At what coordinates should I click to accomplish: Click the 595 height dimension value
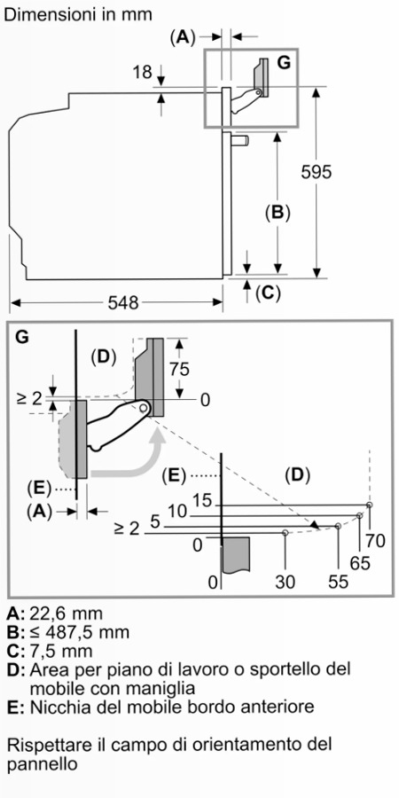pos(316,173)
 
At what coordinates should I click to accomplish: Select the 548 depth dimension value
pos(123,303)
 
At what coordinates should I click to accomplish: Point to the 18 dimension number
pos(143,73)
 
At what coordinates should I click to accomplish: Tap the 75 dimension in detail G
pos(179,370)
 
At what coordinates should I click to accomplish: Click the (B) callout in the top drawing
pos(278,212)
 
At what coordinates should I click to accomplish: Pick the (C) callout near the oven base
pos(268,293)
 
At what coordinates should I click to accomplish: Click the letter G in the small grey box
pos(284,63)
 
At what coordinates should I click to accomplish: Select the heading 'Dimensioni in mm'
pos(78,15)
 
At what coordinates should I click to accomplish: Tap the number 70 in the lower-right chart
pos(376,541)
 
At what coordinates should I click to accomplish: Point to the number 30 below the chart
pos(285,581)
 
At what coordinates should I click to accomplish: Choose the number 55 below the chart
pos(338,581)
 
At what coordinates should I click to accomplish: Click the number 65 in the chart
pos(360,562)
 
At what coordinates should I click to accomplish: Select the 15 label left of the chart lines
pos(202,501)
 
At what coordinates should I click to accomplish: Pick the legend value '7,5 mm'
pos(61,651)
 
